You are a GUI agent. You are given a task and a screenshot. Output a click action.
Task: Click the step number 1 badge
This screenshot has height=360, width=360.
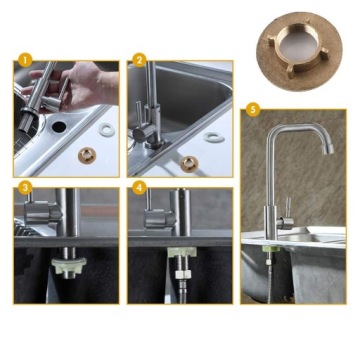click(25, 61)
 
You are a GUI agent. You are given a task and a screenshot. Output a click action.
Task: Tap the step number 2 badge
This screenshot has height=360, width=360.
click(139, 61)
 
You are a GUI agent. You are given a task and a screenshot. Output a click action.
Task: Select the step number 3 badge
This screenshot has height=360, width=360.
click(25, 188)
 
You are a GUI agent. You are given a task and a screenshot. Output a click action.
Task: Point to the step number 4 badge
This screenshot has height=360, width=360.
click(139, 188)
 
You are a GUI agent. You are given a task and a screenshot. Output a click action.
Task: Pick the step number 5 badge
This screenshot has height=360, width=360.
click(253, 110)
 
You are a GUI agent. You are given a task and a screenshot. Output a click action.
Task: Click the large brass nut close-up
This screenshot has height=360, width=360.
click(299, 52)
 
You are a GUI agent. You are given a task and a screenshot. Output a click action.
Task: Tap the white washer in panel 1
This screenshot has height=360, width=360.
click(107, 129)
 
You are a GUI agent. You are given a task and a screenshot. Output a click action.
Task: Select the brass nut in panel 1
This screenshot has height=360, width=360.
click(87, 155)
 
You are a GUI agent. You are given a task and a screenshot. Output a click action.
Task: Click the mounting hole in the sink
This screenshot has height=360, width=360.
click(59, 126)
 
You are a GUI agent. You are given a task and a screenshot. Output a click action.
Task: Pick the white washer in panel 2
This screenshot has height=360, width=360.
click(215, 137)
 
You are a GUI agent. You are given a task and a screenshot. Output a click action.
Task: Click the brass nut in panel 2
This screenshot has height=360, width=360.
click(189, 164)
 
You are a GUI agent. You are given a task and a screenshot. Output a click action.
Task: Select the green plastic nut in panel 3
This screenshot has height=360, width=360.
click(68, 266)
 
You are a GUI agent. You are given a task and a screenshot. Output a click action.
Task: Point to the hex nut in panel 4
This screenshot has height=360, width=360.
click(183, 274)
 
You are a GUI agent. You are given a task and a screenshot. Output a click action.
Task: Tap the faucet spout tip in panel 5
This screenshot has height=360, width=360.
click(328, 149)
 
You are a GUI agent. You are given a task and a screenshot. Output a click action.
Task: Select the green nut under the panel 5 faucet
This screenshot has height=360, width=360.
click(271, 248)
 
